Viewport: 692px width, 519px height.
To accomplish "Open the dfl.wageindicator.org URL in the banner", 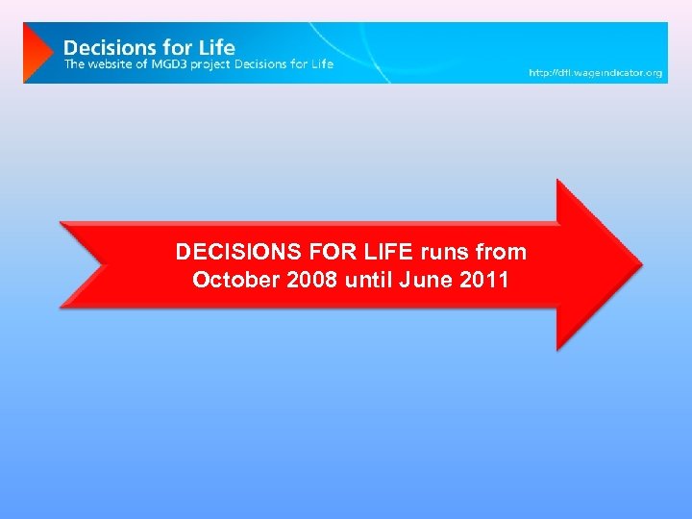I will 596,73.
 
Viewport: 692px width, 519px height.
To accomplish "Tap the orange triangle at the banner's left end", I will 37,52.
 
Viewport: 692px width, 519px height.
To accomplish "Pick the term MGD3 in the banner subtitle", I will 169,63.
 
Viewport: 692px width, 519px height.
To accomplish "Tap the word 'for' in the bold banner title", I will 174,46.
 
